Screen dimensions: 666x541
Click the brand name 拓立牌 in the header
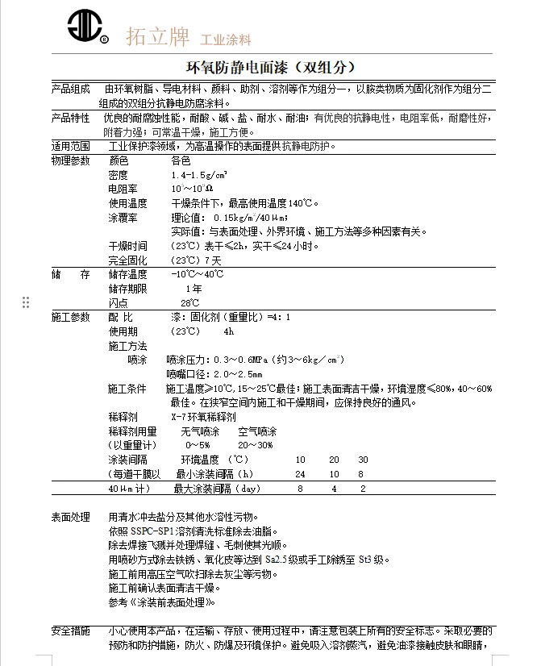coord(157,37)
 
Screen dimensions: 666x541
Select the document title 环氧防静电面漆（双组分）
coord(271,67)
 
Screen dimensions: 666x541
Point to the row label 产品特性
coord(71,118)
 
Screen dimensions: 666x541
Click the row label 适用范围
coord(71,147)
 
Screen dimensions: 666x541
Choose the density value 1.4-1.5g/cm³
coord(199,175)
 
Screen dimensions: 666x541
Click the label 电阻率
coord(123,189)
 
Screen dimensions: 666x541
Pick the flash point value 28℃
coord(189,302)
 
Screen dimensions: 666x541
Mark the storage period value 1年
coord(194,289)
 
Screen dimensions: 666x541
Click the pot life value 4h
coord(228,331)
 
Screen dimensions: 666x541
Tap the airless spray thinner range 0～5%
coord(198,445)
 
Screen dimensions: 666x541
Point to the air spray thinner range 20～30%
coord(255,445)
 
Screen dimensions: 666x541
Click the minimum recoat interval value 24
coord(301,474)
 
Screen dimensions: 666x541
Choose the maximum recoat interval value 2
coord(363,489)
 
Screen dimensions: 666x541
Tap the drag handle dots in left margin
coord(26,302)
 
